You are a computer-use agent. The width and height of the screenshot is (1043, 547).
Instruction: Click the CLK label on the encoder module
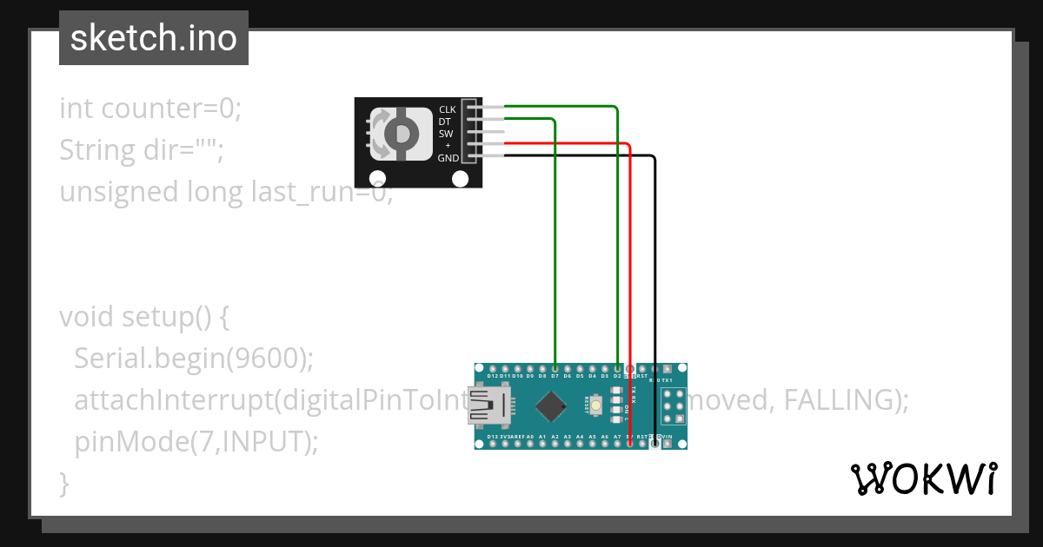(x=448, y=109)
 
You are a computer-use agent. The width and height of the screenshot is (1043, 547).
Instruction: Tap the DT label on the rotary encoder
(x=445, y=122)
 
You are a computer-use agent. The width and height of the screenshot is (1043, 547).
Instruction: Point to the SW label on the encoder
(x=446, y=134)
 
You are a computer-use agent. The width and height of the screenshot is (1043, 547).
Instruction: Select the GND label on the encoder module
(x=448, y=158)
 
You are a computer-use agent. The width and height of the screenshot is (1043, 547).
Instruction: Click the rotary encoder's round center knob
(x=401, y=133)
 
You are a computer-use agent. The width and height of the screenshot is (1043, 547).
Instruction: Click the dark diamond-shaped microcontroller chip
(x=549, y=405)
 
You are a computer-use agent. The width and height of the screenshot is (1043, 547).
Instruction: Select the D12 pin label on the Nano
(x=493, y=376)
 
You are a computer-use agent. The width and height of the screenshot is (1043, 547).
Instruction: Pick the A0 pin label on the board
(x=529, y=437)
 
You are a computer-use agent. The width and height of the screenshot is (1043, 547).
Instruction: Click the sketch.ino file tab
(x=154, y=38)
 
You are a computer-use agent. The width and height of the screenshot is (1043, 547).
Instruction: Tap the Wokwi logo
(x=923, y=478)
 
